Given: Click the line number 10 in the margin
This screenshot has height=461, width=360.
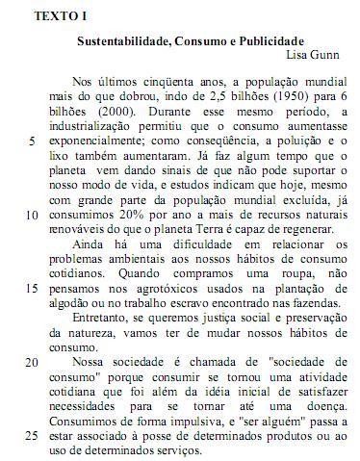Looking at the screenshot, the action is (x=32, y=214).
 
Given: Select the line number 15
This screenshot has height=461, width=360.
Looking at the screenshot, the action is (x=32, y=286).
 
